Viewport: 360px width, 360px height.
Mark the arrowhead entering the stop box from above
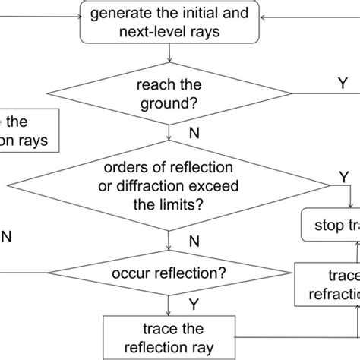coord(350,204)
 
